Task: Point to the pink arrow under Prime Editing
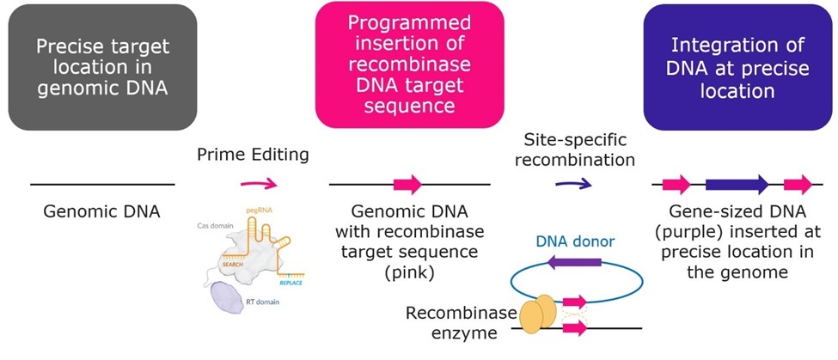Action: (x=259, y=183)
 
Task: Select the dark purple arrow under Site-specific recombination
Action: (x=573, y=183)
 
